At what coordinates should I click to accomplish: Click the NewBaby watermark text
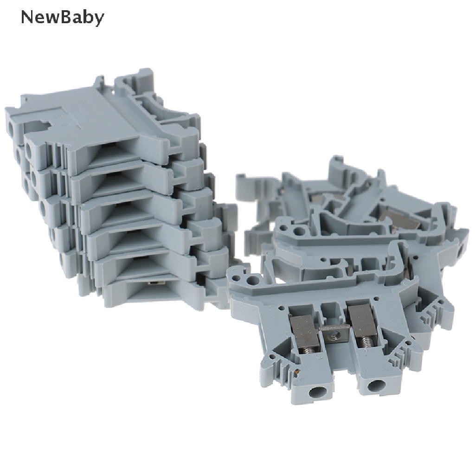click(x=63, y=18)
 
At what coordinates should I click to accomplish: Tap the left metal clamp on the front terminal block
click(x=304, y=331)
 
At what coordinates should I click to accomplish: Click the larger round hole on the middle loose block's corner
click(x=300, y=231)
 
